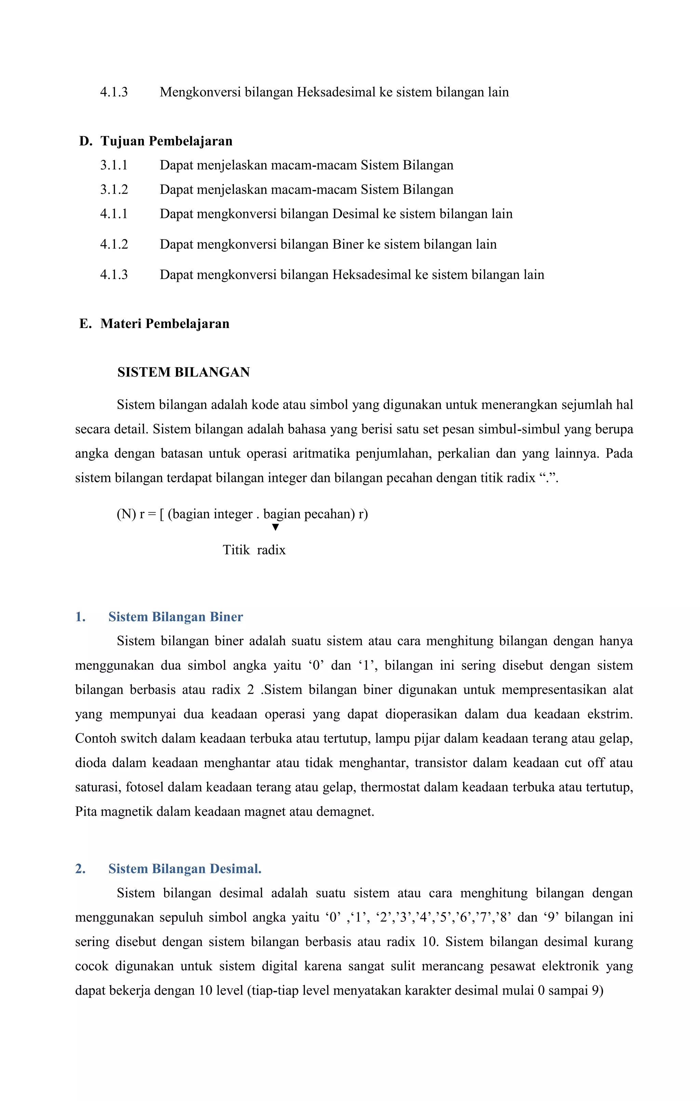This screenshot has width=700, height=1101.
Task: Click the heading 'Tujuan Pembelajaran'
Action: pos(166,141)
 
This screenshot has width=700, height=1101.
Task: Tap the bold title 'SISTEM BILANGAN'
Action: pos(183,372)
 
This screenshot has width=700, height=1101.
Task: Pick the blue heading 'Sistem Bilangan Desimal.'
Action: pos(185,869)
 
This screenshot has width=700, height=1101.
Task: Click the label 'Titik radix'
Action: pos(254,550)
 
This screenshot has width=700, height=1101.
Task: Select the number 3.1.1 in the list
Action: pos(114,165)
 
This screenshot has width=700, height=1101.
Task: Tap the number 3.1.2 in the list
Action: pos(114,189)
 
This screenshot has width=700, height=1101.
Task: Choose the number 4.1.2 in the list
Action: pos(114,244)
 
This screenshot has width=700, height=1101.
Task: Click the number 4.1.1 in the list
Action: pos(114,214)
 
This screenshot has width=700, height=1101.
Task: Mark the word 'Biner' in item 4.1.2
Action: pos(348,244)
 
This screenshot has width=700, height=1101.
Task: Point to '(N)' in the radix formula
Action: pos(126,514)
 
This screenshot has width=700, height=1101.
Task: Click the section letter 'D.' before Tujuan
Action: pos(85,141)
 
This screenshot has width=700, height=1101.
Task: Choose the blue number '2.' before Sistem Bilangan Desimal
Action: pos(80,869)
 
